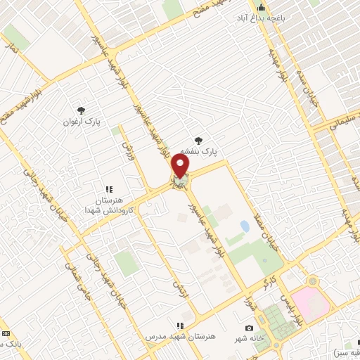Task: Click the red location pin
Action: (181, 166)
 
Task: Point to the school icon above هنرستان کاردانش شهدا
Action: (109, 189)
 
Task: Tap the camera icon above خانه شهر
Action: (249, 328)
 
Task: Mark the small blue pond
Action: (245, 226)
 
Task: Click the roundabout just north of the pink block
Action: (310, 281)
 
